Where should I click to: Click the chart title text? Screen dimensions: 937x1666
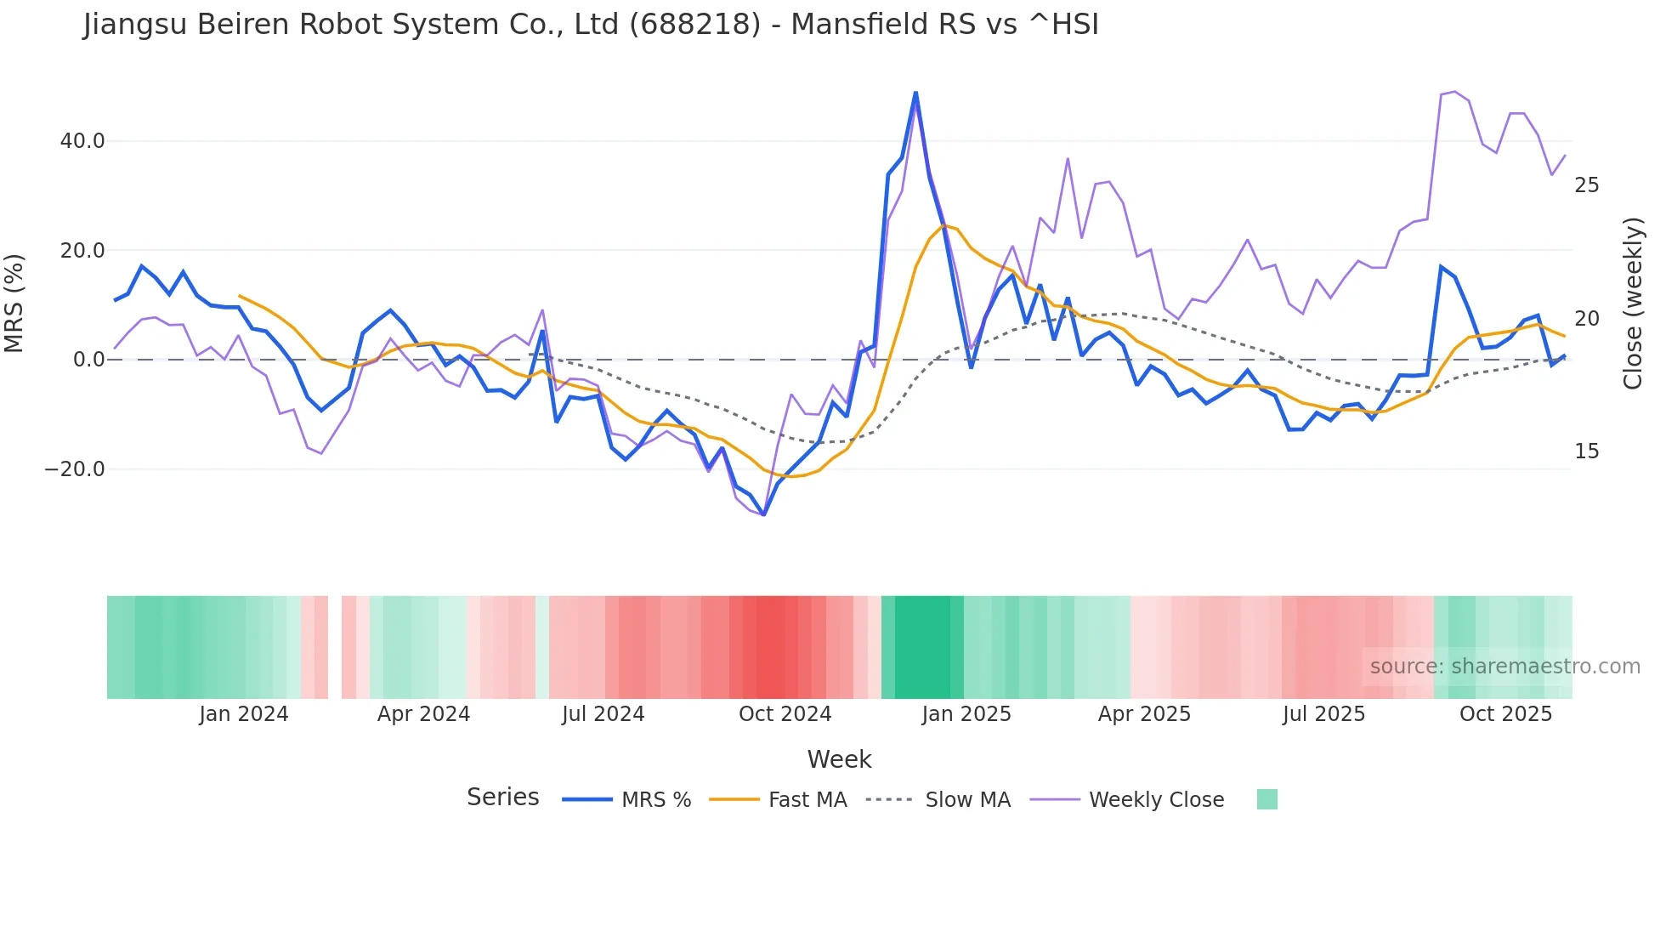click(591, 25)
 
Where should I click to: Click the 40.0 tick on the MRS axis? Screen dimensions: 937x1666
click(82, 141)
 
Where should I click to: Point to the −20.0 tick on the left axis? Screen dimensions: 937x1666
click(75, 469)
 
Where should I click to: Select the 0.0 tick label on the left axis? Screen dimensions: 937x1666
click(88, 360)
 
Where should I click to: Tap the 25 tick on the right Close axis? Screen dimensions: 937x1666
click(1586, 185)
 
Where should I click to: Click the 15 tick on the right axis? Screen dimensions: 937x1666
click(1586, 451)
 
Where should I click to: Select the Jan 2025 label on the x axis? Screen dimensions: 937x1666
click(966, 714)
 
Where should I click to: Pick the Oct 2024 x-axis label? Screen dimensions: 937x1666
click(785, 714)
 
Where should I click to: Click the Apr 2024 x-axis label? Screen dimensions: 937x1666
click(423, 714)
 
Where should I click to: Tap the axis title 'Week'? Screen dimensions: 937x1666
click(839, 759)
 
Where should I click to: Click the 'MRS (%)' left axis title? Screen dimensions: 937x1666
click(14, 304)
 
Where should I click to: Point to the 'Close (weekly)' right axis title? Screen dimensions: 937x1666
click(1632, 304)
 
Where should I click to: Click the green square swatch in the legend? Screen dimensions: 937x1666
click(1266, 799)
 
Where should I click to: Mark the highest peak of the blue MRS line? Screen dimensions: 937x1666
click(915, 93)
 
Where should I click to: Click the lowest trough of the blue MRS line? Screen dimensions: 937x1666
click(763, 514)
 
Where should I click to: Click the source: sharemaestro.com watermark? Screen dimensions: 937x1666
click(1504, 667)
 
